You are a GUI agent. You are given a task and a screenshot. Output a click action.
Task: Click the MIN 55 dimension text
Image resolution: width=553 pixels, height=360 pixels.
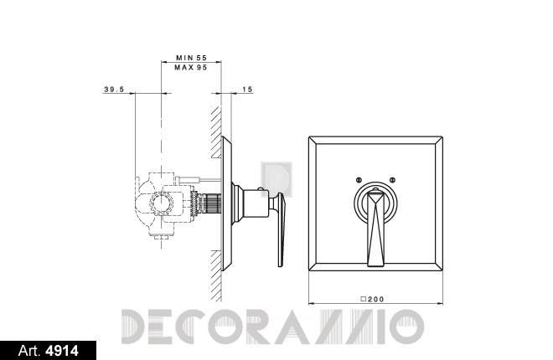coord(192,58)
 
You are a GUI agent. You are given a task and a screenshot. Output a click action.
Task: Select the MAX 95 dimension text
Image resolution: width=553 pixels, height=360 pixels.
coord(191,67)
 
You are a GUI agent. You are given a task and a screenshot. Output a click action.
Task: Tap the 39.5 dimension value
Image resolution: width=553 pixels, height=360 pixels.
coord(114,90)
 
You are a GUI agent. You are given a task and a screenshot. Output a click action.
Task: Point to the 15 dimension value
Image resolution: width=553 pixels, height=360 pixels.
coord(247,90)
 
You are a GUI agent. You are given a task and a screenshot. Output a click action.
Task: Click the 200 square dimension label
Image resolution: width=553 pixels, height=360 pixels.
coord(372,300)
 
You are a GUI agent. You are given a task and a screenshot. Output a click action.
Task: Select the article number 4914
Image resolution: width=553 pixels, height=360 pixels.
coord(62,351)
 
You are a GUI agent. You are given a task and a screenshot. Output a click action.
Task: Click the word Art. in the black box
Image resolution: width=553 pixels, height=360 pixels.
coord(29,351)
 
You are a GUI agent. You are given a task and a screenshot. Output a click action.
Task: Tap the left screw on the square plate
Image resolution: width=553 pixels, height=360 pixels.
coord(359,180)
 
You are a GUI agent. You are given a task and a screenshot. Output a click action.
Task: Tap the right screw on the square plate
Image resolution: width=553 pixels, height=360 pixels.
coord(392,180)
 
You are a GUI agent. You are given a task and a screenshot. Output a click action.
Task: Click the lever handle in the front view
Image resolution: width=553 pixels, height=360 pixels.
coord(375,229)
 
